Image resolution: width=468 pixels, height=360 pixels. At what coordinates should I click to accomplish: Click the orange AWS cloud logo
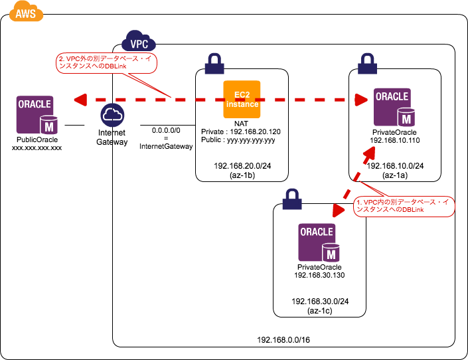click(x=26, y=12)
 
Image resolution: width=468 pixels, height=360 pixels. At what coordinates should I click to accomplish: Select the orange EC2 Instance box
click(x=242, y=100)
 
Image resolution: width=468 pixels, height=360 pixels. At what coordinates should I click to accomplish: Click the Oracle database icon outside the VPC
click(x=36, y=114)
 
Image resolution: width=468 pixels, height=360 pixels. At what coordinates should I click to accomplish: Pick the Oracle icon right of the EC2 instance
click(x=393, y=106)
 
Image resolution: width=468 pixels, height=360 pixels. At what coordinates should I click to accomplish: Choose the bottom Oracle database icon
click(x=318, y=242)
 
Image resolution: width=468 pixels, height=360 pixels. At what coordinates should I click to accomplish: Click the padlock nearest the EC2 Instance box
click(x=214, y=64)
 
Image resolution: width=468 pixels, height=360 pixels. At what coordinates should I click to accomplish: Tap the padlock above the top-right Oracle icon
click(x=367, y=64)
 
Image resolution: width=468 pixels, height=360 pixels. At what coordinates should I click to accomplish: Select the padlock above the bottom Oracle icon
click(x=291, y=199)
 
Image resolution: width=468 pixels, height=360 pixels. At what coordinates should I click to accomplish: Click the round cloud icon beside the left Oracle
click(x=112, y=115)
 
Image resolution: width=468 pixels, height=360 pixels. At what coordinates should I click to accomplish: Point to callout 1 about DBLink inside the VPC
click(x=404, y=207)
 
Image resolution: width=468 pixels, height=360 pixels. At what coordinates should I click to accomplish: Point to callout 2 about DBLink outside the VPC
click(x=106, y=62)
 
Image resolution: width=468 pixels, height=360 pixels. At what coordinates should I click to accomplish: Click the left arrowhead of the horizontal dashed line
click(x=80, y=100)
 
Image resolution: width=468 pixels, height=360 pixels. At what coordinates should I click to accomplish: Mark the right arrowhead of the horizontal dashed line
click(x=361, y=100)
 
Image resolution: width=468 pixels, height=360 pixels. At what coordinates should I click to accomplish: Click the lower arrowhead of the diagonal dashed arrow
click(x=339, y=211)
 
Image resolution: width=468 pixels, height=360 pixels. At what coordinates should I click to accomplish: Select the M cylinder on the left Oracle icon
click(x=49, y=126)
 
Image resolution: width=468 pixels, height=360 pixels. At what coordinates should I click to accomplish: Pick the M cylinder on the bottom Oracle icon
click(x=331, y=254)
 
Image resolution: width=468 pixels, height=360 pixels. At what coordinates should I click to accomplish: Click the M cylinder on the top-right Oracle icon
click(x=406, y=118)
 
